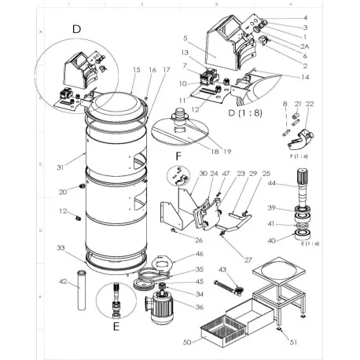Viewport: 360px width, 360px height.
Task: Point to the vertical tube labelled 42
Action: [x=80, y=291]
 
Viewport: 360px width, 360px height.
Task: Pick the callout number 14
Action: [x=306, y=77]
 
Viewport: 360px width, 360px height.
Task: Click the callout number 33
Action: [x=60, y=248]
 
